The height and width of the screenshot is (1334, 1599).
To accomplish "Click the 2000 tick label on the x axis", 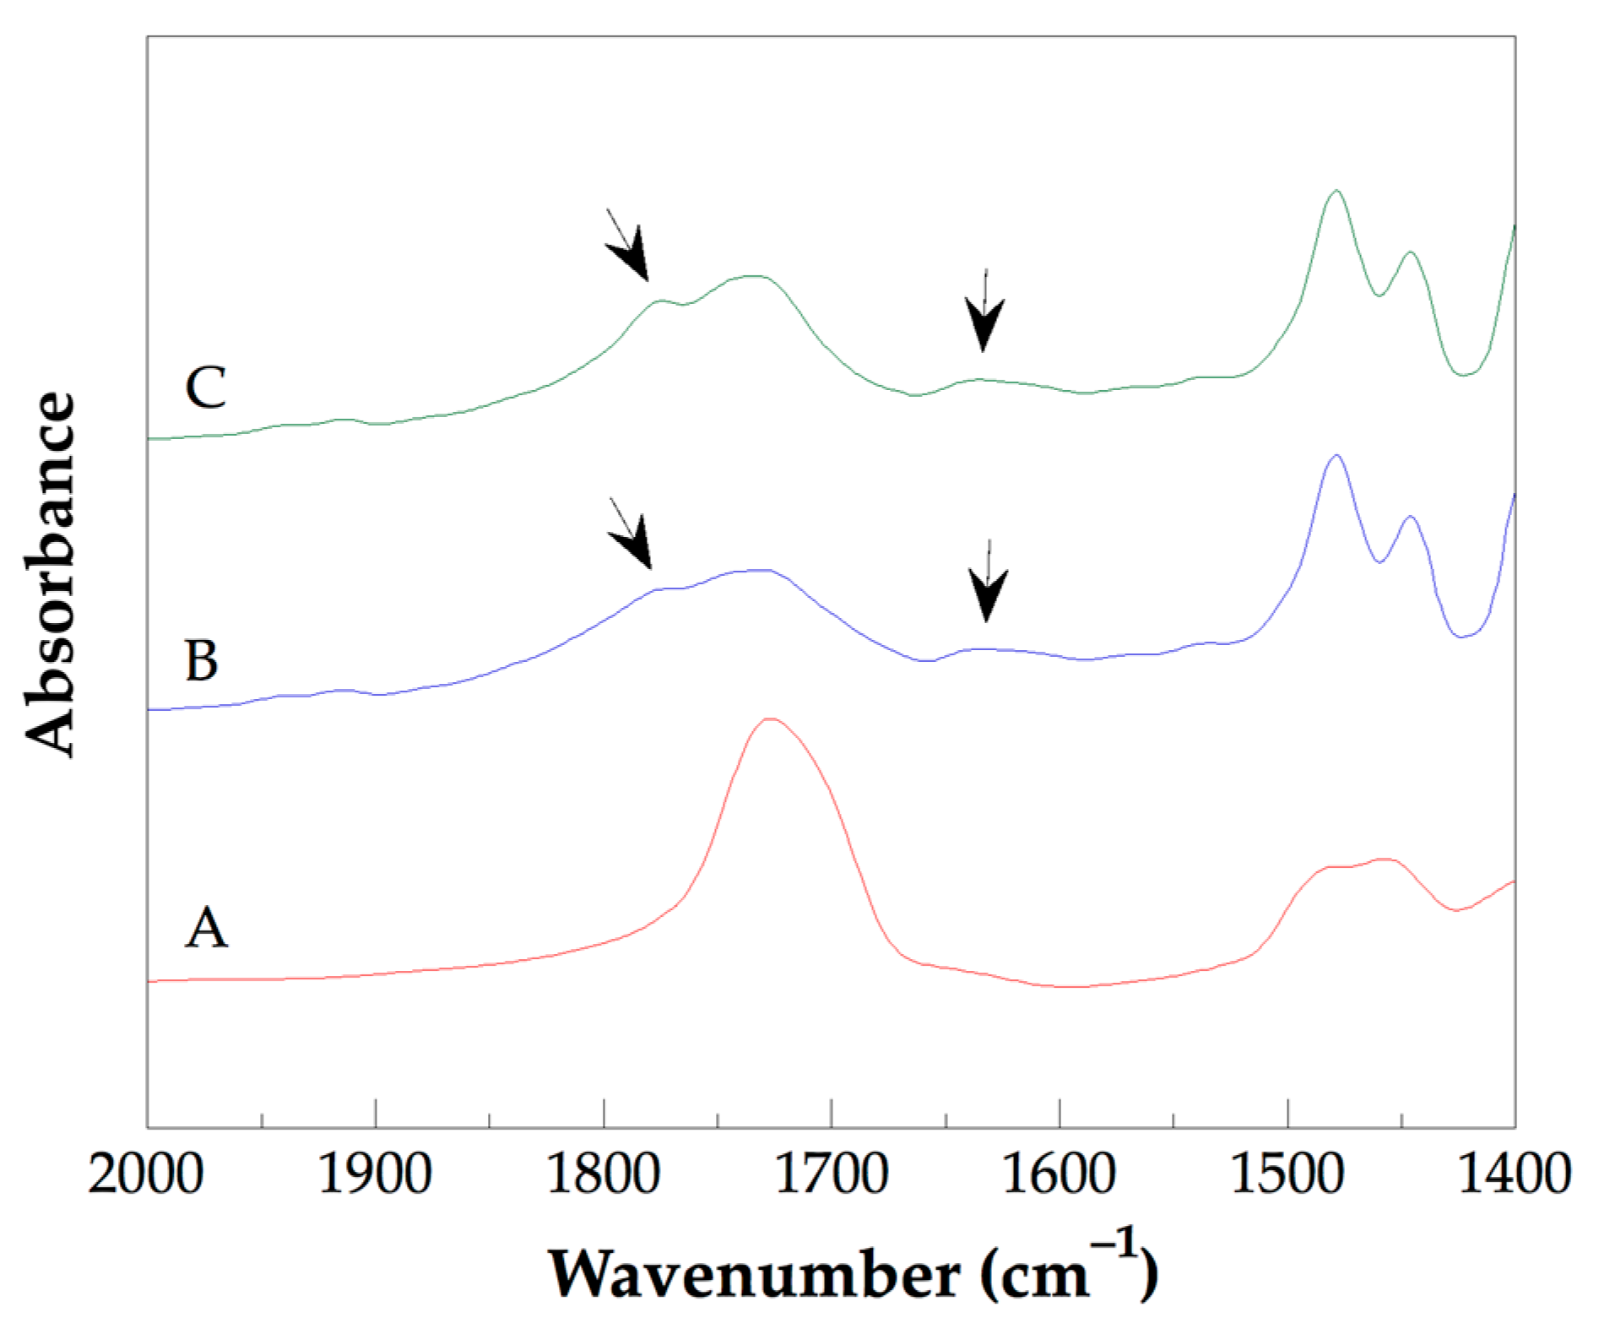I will click(145, 1175).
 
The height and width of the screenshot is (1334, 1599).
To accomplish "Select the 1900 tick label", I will click(375, 1175).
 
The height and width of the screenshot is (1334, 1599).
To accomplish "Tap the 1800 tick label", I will click(603, 1175).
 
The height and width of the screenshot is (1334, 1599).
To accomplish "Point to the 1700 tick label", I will click(831, 1175).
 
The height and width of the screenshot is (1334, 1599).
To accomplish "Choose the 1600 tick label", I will click(1059, 1175).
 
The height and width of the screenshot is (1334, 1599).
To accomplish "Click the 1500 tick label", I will click(1287, 1175).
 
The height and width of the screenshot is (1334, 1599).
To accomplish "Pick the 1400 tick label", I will click(1515, 1175).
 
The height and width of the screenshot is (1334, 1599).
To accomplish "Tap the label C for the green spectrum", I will click(205, 388).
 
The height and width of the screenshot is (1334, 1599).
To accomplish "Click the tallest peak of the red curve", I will click(770, 719).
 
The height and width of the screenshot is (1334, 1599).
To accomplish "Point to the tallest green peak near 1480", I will click(1336, 192).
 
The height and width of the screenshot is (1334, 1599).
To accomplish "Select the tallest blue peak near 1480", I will click(1336, 456).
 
